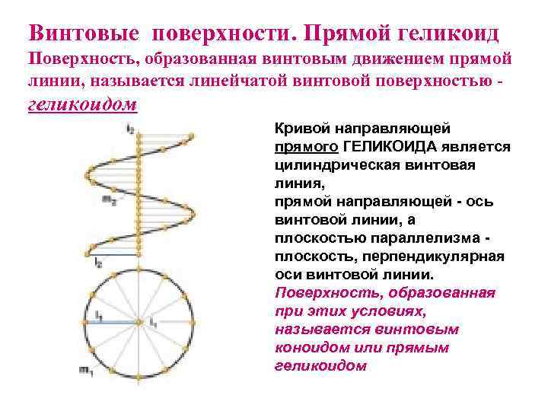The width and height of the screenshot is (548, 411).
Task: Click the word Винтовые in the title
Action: click(x=84, y=33)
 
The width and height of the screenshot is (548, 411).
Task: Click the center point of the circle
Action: click(x=139, y=323)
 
